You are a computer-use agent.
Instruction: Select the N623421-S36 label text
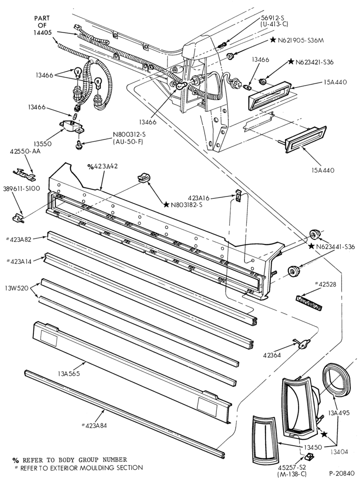click(314, 62)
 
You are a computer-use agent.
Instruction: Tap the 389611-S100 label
click(21, 188)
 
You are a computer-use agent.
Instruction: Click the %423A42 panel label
click(103, 166)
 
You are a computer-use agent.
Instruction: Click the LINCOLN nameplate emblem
click(309, 302)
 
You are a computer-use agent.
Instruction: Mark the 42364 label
click(272, 355)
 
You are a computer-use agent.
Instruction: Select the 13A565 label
click(69, 374)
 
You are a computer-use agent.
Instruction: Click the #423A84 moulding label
click(94, 425)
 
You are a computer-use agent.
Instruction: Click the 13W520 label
click(16, 288)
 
